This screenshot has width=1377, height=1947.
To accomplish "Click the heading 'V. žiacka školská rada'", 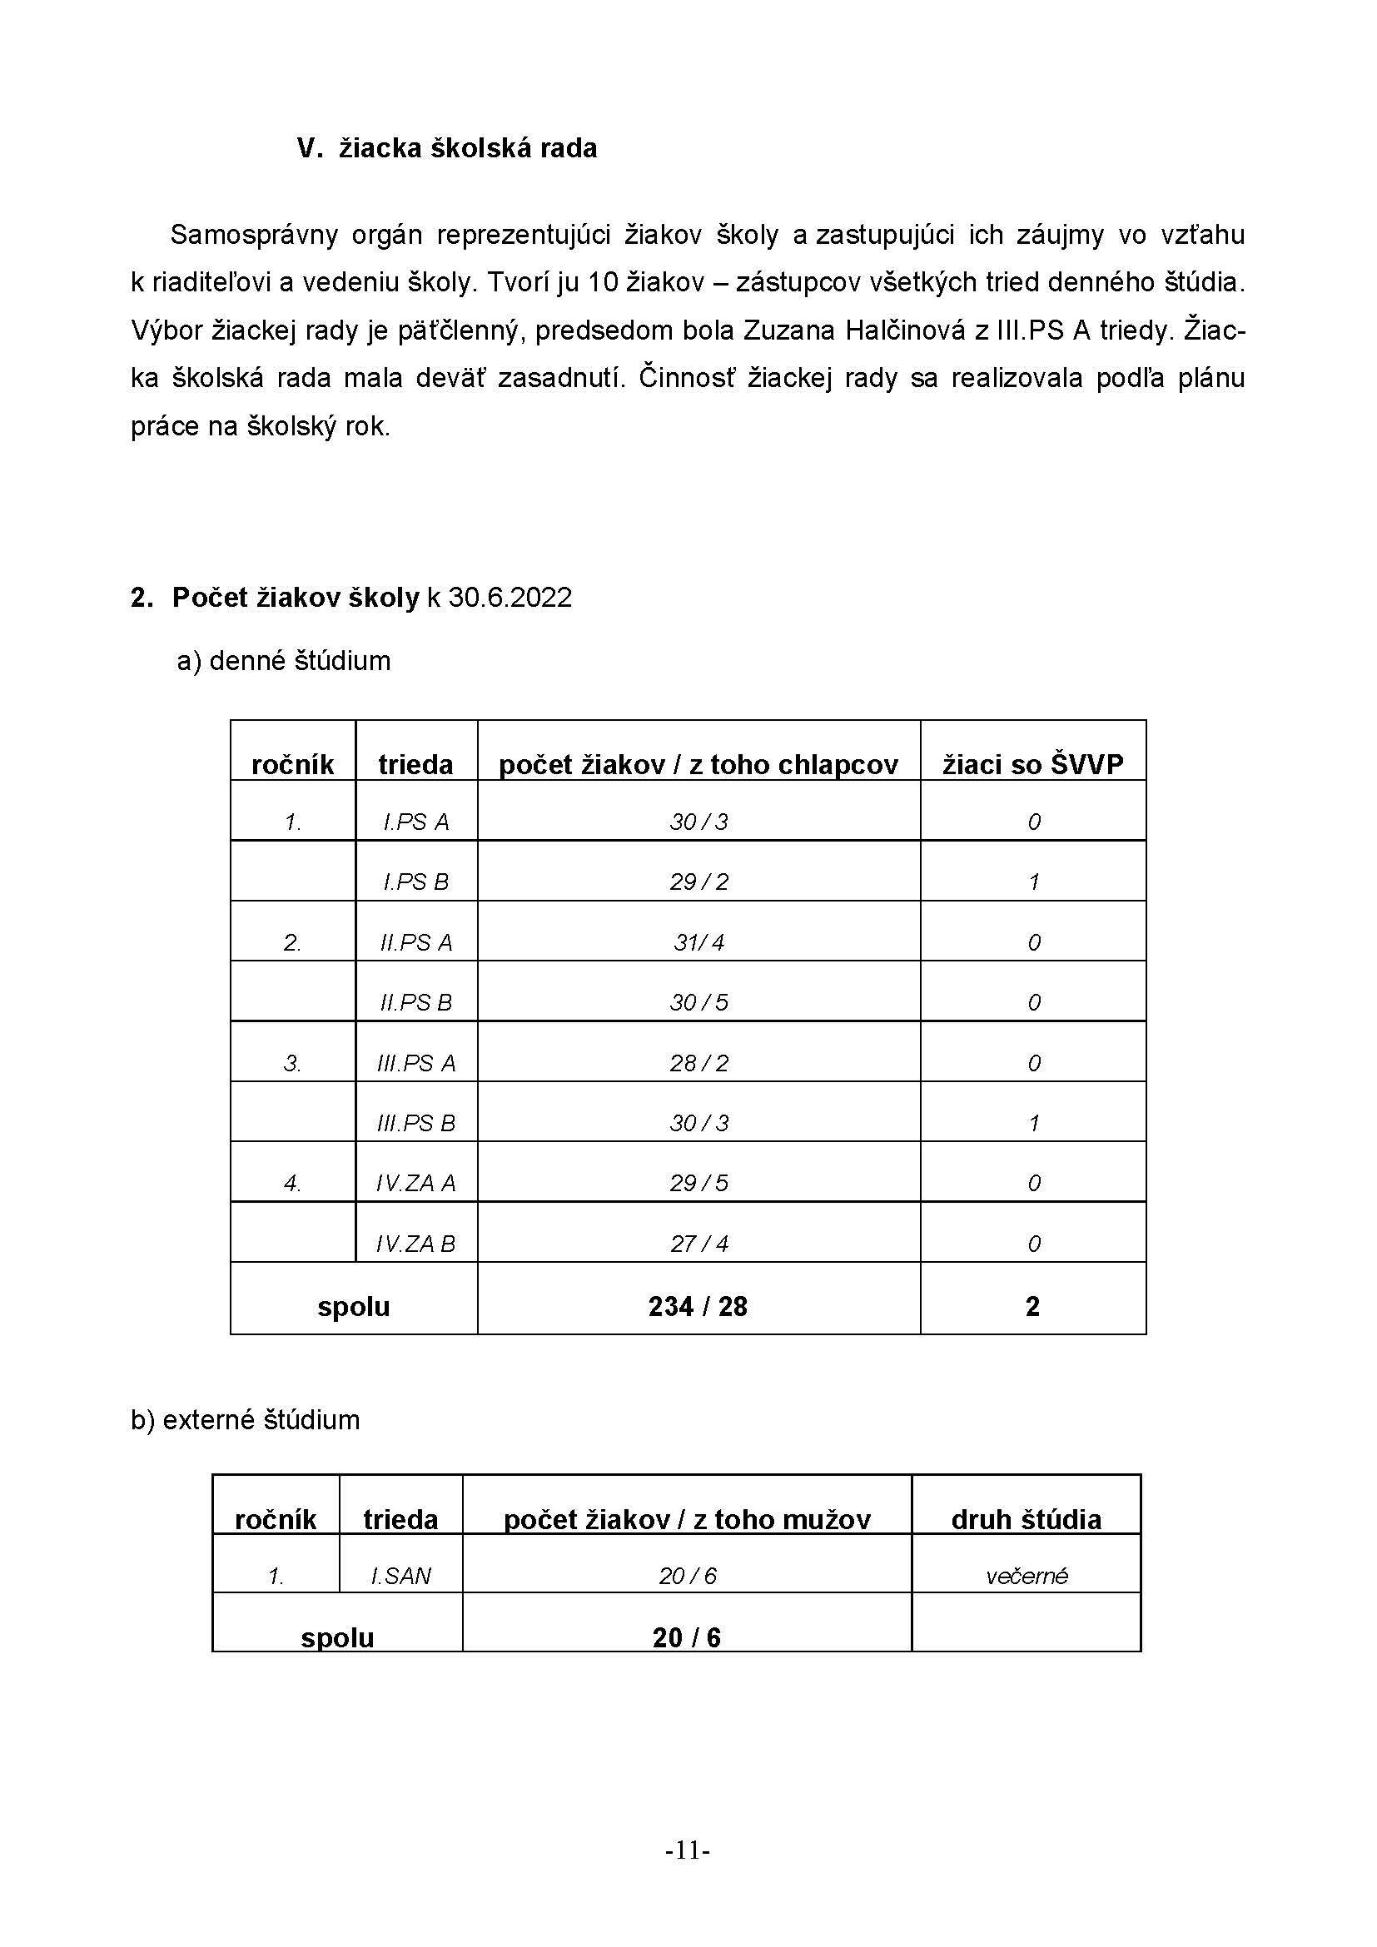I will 447,148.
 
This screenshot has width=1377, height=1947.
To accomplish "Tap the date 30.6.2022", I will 510,598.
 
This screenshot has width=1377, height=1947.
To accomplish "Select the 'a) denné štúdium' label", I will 284,661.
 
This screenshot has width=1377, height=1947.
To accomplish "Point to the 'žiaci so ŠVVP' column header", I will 1032,764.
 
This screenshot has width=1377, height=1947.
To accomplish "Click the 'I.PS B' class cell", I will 415,882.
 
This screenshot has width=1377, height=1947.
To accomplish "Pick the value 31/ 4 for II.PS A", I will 698,942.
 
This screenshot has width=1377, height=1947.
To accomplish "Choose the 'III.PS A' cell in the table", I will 415,1063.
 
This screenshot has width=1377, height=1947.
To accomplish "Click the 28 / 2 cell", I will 698,1063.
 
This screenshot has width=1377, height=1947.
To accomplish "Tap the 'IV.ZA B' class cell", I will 415,1244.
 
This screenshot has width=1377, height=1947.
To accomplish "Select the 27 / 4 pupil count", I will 698,1244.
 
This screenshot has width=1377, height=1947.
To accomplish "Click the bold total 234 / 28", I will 698,1307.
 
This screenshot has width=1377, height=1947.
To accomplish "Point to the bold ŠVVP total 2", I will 1032,1307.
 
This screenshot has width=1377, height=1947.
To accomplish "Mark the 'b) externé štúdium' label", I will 245,1419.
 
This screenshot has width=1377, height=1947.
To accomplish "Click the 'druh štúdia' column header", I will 1026,1519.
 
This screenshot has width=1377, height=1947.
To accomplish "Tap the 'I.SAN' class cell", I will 400,1577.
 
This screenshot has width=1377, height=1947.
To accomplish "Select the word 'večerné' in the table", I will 1026,1577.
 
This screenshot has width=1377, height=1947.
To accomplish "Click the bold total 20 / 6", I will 687,1637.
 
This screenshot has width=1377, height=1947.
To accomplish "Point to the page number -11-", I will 688,1850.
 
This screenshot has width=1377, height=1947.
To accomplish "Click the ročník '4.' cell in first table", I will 292,1184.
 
